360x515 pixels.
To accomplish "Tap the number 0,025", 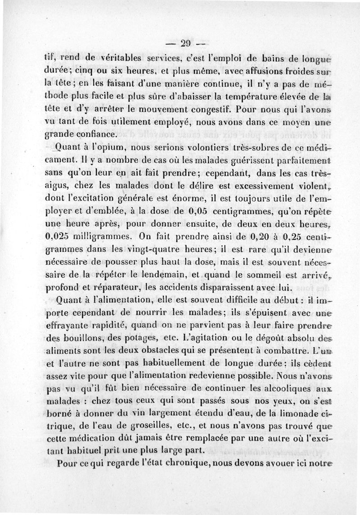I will click(58, 235).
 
